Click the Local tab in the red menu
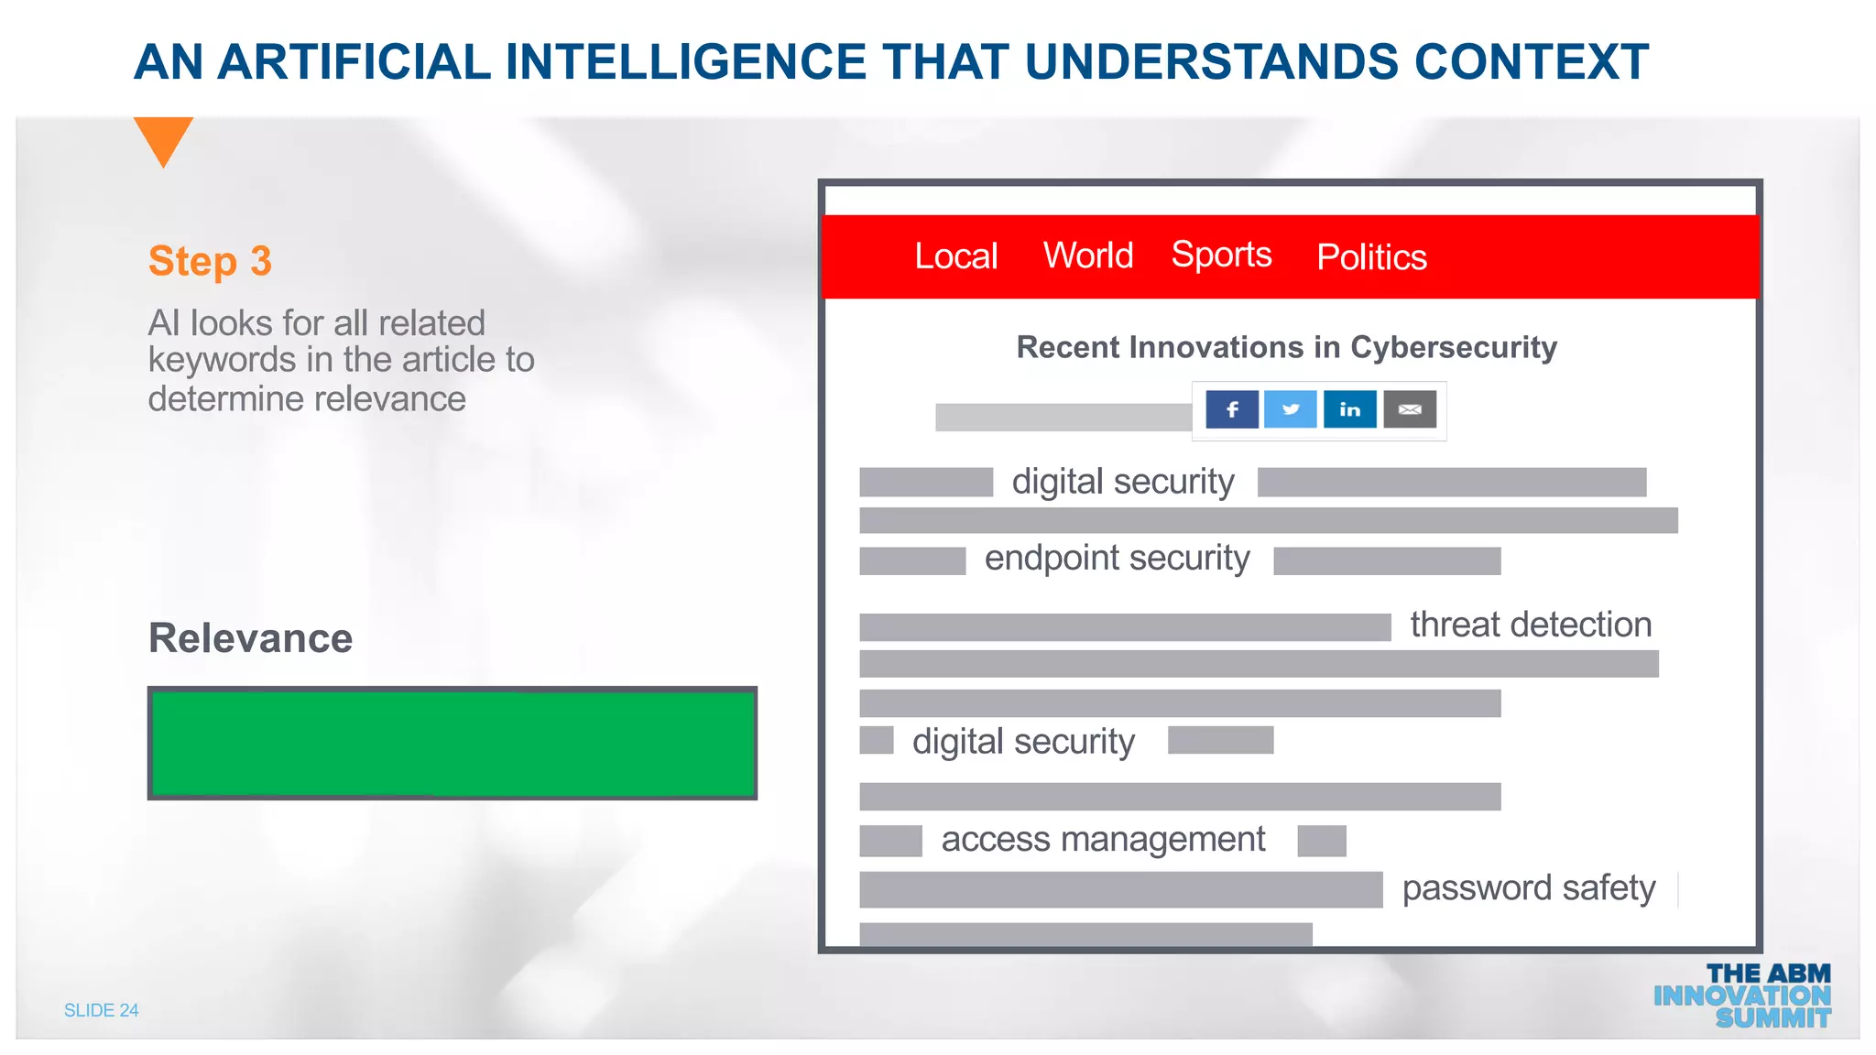coord(955,256)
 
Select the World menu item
coord(1088,256)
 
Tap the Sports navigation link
coord(1221,255)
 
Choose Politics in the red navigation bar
coord(1371,257)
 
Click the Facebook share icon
coord(1232,409)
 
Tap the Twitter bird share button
coord(1291,409)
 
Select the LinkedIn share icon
coord(1350,409)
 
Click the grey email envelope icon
coord(1410,409)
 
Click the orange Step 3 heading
coord(210,261)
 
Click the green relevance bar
coord(453,743)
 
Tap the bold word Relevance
coord(250,638)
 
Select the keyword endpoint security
coord(1117,559)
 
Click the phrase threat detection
coord(1531,625)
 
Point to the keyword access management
coord(1103,839)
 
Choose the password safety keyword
coord(1529,888)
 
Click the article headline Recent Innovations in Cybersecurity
coord(1286,347)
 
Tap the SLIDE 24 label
coord(101,1010)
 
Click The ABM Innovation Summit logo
coord(1742,995)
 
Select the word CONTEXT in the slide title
coord(1531,62)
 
